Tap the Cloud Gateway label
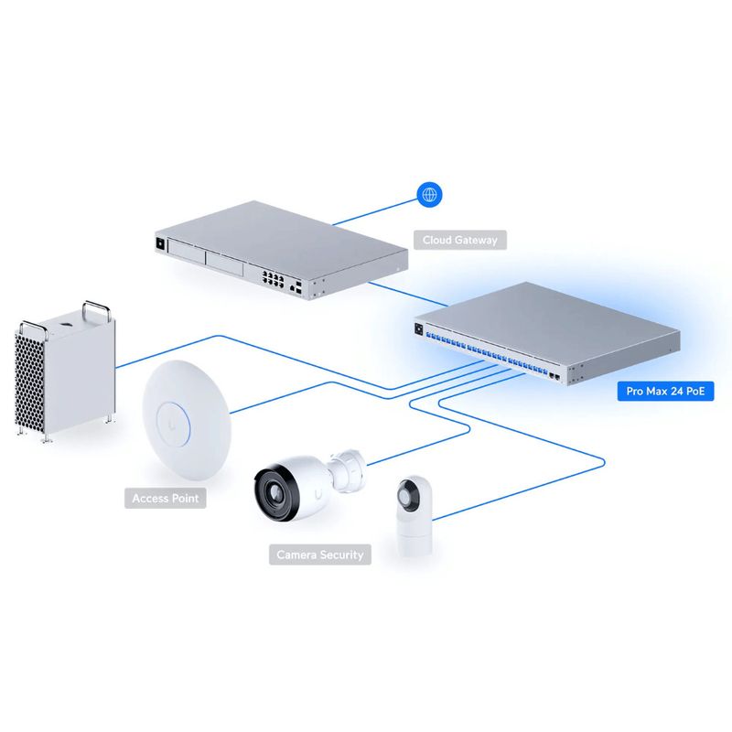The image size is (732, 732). [460, 241]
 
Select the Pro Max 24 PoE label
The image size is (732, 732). [665, 392]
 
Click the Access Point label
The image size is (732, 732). [166, 499]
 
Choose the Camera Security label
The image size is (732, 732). [320, 554]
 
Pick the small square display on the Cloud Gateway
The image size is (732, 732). [163, 243]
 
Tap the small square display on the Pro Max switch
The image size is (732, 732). [420, 327]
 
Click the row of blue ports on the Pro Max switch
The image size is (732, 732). [485, 351]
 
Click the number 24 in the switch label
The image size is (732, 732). [684, 392]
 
